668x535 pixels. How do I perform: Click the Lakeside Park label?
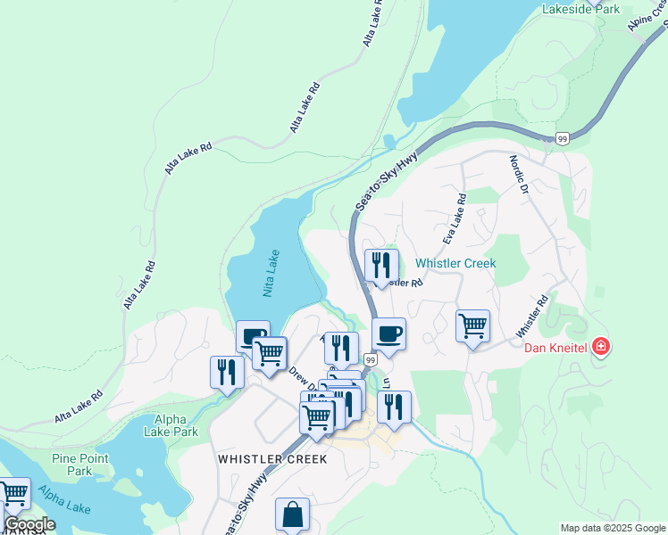click(x=580, y=9)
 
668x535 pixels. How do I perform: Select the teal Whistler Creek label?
click(x=455, y=264)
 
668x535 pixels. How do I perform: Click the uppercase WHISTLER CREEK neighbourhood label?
click(x=272, y=459)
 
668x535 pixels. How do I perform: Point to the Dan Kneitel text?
click(x=555, y=346)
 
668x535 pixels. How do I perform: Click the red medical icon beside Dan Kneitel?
click(x=601, y=346)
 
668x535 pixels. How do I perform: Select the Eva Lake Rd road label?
click(x=455, y=221)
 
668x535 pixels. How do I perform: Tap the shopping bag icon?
click(x=292, y=514)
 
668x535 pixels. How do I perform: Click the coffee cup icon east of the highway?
click(x=388, y=334)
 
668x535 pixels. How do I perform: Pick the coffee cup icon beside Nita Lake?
click(x=253, y=337)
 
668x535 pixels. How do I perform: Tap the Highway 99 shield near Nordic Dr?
click(x=562, y=138)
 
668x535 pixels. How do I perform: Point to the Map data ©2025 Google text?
click(x=612, y=528)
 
